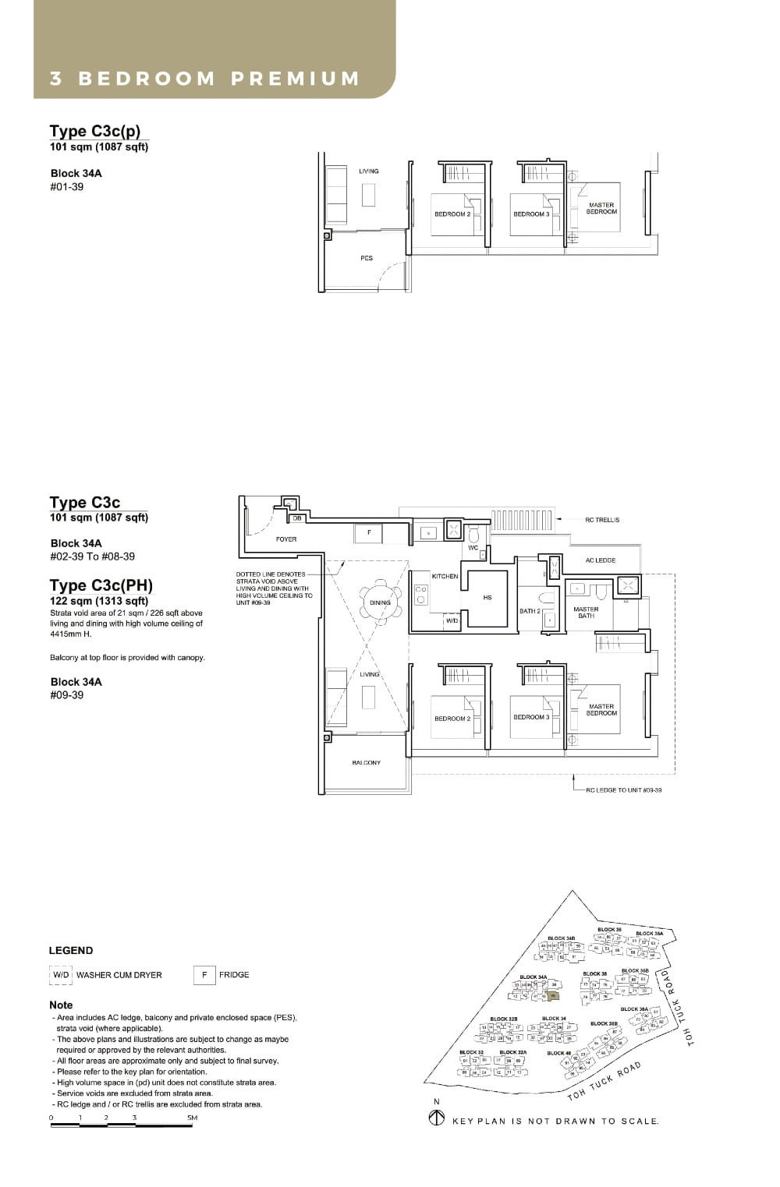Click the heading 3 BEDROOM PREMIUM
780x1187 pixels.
point(204,79)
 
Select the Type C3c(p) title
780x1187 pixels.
point(95,131)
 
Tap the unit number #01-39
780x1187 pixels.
point(66,187)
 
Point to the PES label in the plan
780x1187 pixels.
point(367,258)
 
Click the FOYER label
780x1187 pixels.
point(286,539)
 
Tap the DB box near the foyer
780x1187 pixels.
point(297,518)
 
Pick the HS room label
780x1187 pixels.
point(487,598)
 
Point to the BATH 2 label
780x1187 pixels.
point(530,611)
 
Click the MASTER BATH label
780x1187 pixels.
point(586,613)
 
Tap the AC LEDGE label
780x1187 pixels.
point(601,560)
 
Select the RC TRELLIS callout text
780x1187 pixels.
point(602,520)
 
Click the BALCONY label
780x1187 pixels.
point(367,762)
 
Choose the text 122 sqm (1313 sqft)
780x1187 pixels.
point(99,601)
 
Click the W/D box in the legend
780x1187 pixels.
point(60,975)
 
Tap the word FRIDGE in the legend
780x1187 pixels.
point(234,975)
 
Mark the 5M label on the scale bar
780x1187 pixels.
point(192,1118)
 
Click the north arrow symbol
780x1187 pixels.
point(437,1119)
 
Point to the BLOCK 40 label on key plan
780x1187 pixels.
point(558,1053)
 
